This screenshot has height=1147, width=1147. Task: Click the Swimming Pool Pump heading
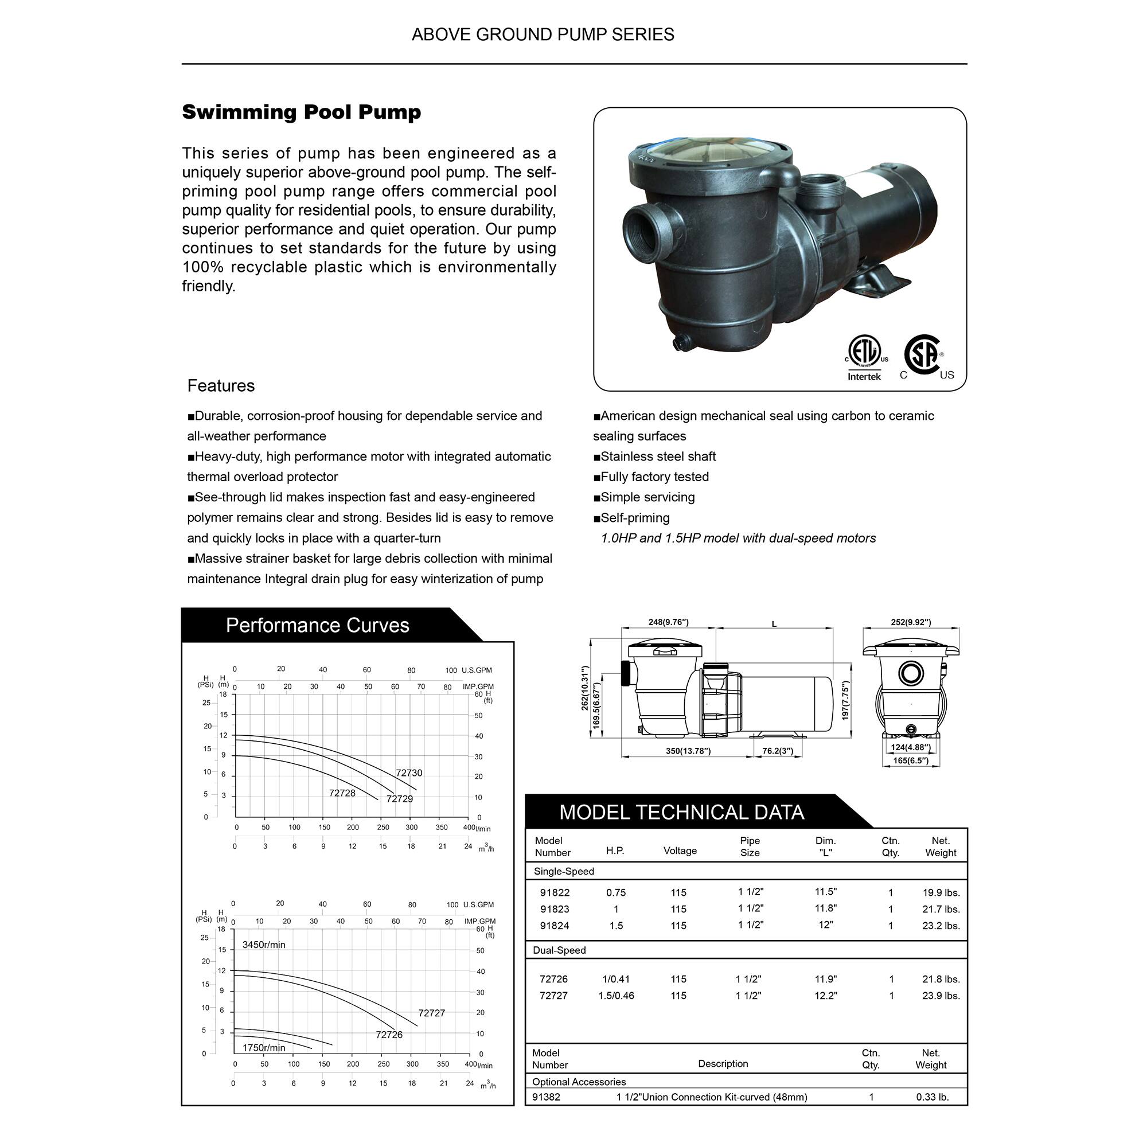301,112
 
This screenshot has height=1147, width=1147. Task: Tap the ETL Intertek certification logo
864,357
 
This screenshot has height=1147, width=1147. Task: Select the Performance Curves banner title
317,625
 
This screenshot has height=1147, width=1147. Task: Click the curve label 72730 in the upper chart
409,773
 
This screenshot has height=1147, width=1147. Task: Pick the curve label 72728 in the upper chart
342,793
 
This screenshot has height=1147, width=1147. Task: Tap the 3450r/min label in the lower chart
264,944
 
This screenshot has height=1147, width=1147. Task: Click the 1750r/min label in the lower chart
264,1047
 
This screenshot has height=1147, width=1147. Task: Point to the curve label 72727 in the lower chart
431,1012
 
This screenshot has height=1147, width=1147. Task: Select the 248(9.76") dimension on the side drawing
668,622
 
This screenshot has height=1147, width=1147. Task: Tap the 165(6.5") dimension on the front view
910,760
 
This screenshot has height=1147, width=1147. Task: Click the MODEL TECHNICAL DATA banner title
681,812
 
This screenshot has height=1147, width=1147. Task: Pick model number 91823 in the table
554,908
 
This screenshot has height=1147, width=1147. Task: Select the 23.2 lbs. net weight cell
941,925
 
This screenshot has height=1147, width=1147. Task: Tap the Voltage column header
680,850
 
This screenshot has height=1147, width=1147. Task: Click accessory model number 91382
545,1097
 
